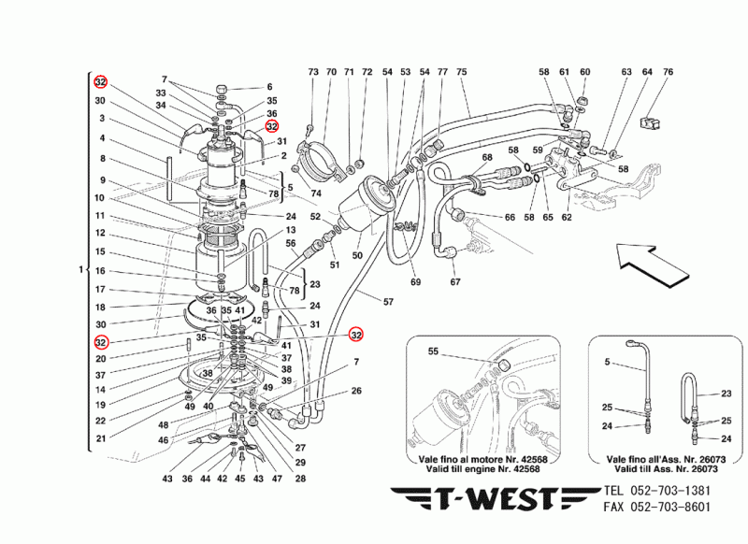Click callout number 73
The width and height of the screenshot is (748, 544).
click(313, 72)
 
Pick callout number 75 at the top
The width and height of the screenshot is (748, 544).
click(461, 72)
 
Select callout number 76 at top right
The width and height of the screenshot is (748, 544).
click(668, 72)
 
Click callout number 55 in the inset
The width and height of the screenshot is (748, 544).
click(432, 353)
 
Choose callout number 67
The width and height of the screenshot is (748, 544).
click(455, 283)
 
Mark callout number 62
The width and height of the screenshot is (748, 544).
click(567, 218)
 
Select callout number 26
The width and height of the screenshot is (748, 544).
click(356, 392)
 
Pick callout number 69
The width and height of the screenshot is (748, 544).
click(415, 283)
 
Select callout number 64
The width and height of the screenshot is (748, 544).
click(647, 72)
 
